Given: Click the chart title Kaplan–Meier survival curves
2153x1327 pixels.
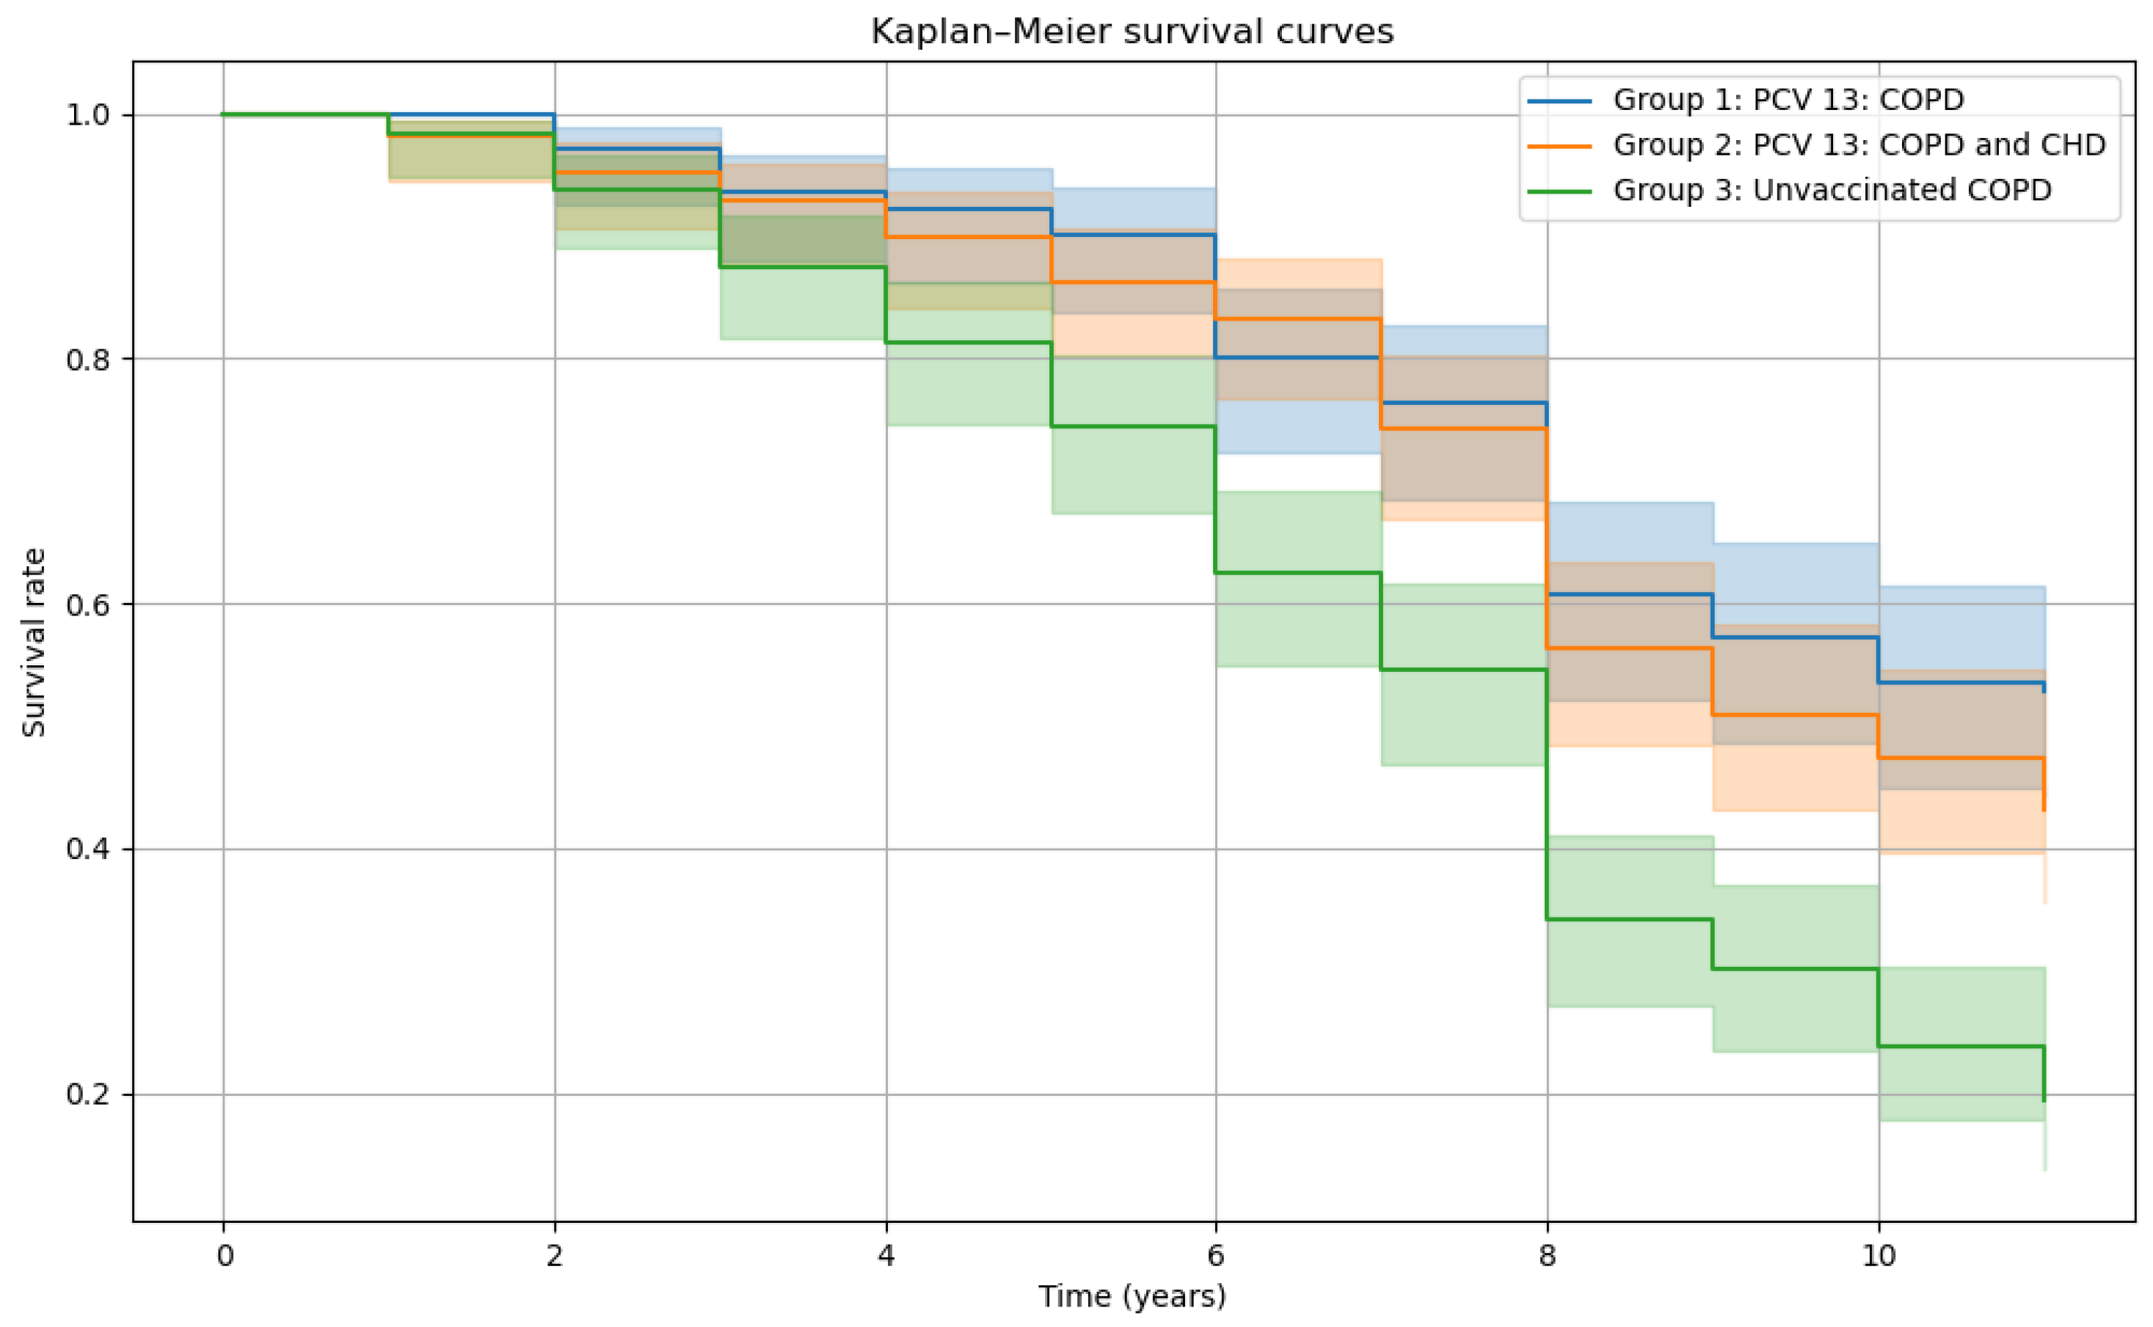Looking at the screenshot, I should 1132,32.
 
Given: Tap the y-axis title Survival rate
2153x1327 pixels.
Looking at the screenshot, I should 33,643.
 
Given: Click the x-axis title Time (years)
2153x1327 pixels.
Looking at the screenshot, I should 1132,1296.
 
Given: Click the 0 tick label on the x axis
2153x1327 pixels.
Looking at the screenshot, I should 225,1256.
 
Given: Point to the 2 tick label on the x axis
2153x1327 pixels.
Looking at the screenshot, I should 554,1256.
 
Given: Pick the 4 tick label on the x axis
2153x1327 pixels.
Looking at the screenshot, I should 886,1256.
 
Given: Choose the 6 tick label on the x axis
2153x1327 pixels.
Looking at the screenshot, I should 1216,1256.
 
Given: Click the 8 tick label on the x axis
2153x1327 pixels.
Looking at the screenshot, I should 1547,1256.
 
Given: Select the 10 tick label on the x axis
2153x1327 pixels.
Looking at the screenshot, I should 1879,1256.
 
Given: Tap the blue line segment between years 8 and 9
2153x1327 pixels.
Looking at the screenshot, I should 1629,595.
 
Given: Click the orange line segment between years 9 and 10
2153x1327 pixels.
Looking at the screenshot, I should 1795,715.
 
